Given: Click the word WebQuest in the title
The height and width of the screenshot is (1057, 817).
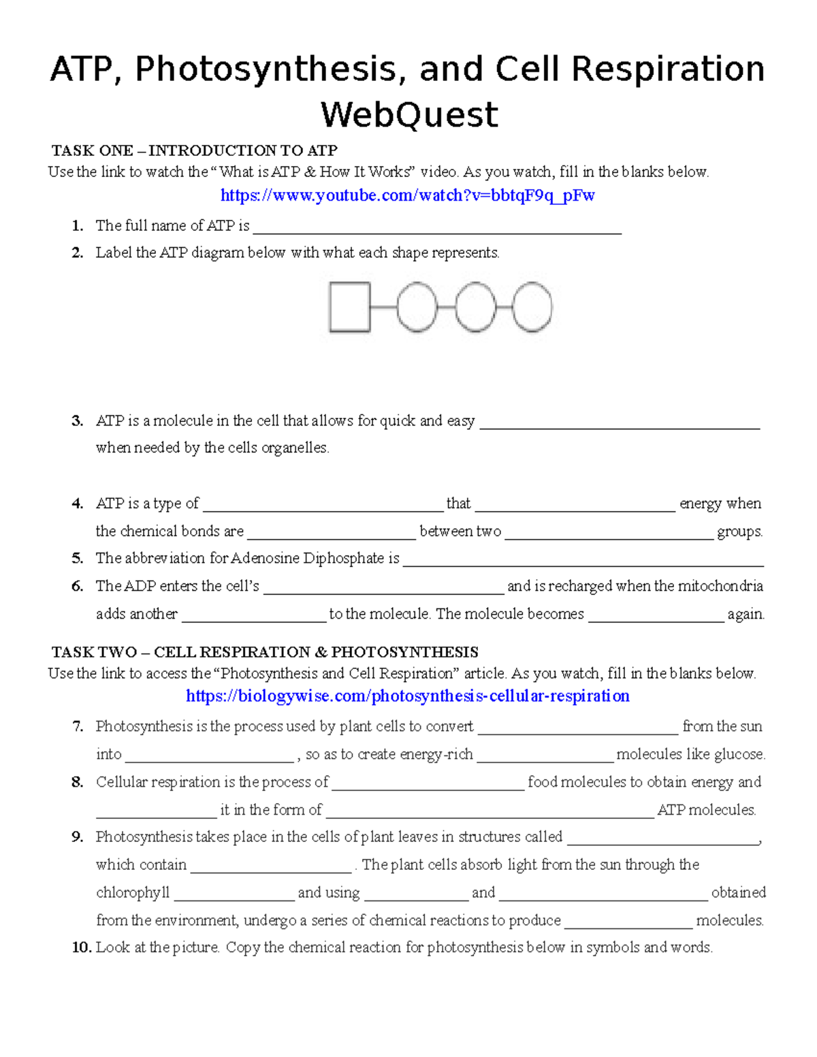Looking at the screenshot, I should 409,114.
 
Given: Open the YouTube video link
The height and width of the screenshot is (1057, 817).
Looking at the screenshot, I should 407,196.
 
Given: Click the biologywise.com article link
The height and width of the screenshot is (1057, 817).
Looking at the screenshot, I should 407,696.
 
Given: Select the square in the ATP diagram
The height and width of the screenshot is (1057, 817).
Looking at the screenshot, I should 349,307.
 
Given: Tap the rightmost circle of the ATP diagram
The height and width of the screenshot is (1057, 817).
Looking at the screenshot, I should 532,308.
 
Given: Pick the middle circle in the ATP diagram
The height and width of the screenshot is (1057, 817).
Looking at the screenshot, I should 475,308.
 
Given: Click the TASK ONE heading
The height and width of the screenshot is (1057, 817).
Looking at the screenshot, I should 195,150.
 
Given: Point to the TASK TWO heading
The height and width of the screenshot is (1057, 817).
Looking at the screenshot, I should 265,652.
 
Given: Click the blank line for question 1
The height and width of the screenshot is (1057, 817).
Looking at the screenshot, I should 436,228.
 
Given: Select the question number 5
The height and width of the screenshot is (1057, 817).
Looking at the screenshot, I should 78,559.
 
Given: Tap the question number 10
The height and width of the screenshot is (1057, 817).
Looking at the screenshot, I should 82,947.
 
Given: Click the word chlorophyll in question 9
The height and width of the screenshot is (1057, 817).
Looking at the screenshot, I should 133,892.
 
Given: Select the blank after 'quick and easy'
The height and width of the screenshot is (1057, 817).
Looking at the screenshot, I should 620,423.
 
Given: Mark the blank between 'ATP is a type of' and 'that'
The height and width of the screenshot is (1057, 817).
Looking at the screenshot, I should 323,506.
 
